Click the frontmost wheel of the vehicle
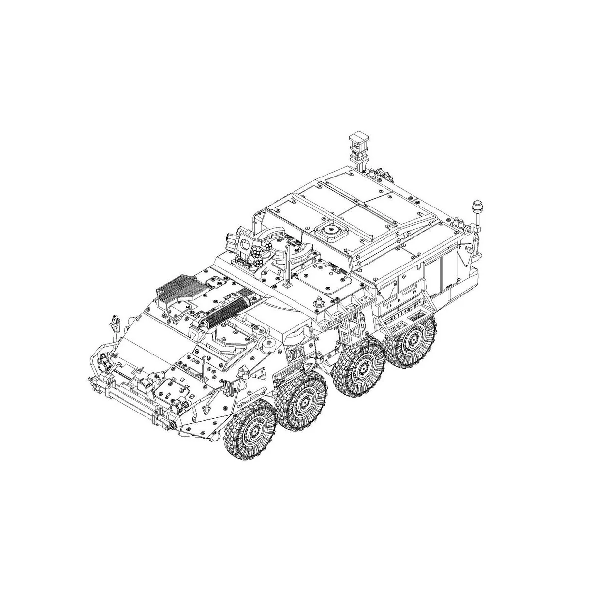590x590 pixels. pyautogui.click(x=250, y=429)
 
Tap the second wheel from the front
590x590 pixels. pyautogui.click(x=301, y=401)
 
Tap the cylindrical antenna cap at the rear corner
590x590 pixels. pyautogui.click(x=476, y=205)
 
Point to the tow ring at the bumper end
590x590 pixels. pyautogui.click(x=172, y=423)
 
